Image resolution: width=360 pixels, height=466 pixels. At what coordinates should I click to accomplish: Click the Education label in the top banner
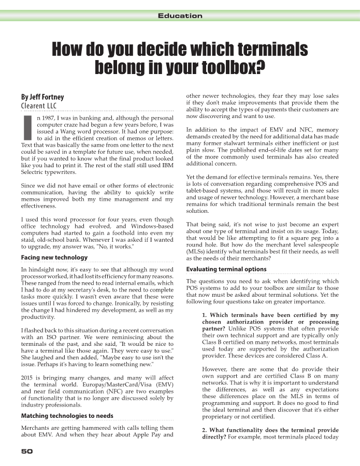coord(180,16)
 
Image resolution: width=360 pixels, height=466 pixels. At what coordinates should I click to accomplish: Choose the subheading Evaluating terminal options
coord(226,269)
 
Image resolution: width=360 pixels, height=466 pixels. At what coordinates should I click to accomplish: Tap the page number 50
coord(27,451)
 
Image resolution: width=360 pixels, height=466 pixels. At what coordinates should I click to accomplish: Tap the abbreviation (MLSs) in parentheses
coord(199,251)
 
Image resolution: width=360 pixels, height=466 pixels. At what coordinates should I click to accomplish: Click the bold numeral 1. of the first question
coord(205,315)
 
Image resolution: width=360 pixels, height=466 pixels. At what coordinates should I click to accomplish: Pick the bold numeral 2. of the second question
coord(205,430)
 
